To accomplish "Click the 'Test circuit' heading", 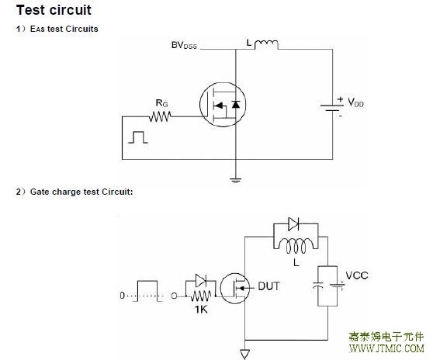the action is point(54,10).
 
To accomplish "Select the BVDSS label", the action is point(184,45).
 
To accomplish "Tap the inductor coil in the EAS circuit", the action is point(266,44).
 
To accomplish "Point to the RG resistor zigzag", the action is point(160,116).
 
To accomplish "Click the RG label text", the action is point(162,103).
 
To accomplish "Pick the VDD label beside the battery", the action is point(355,102).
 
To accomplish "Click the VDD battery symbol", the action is point(332,108).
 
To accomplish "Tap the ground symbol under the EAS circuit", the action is point(236,180).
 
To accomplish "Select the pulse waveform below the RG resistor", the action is point(138,137).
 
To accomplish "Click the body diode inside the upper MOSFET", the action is point(236,105).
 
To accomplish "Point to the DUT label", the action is point(268,286).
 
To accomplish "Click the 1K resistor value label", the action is point(201,310).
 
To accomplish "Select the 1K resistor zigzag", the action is point(201,296).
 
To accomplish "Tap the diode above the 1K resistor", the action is point(200,281).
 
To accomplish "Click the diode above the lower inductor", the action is point(293,224).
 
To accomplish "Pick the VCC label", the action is point(357,275).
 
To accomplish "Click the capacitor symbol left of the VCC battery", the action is point(318,286).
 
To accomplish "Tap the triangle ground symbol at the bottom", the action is point(245,354).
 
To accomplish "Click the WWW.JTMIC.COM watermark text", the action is point(386,348).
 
